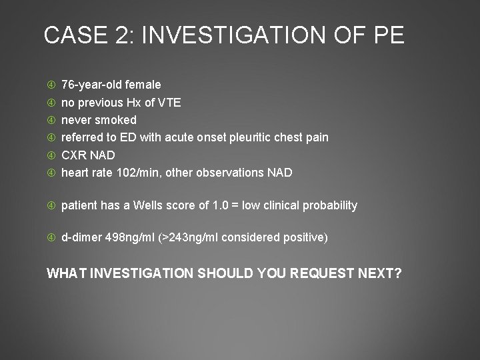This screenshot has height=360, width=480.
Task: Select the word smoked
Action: (115, 120)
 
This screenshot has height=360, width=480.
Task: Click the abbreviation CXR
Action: (75, 155)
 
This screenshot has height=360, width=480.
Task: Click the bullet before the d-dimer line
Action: (51, 237)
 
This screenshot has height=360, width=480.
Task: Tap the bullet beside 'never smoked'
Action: (51, 120)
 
